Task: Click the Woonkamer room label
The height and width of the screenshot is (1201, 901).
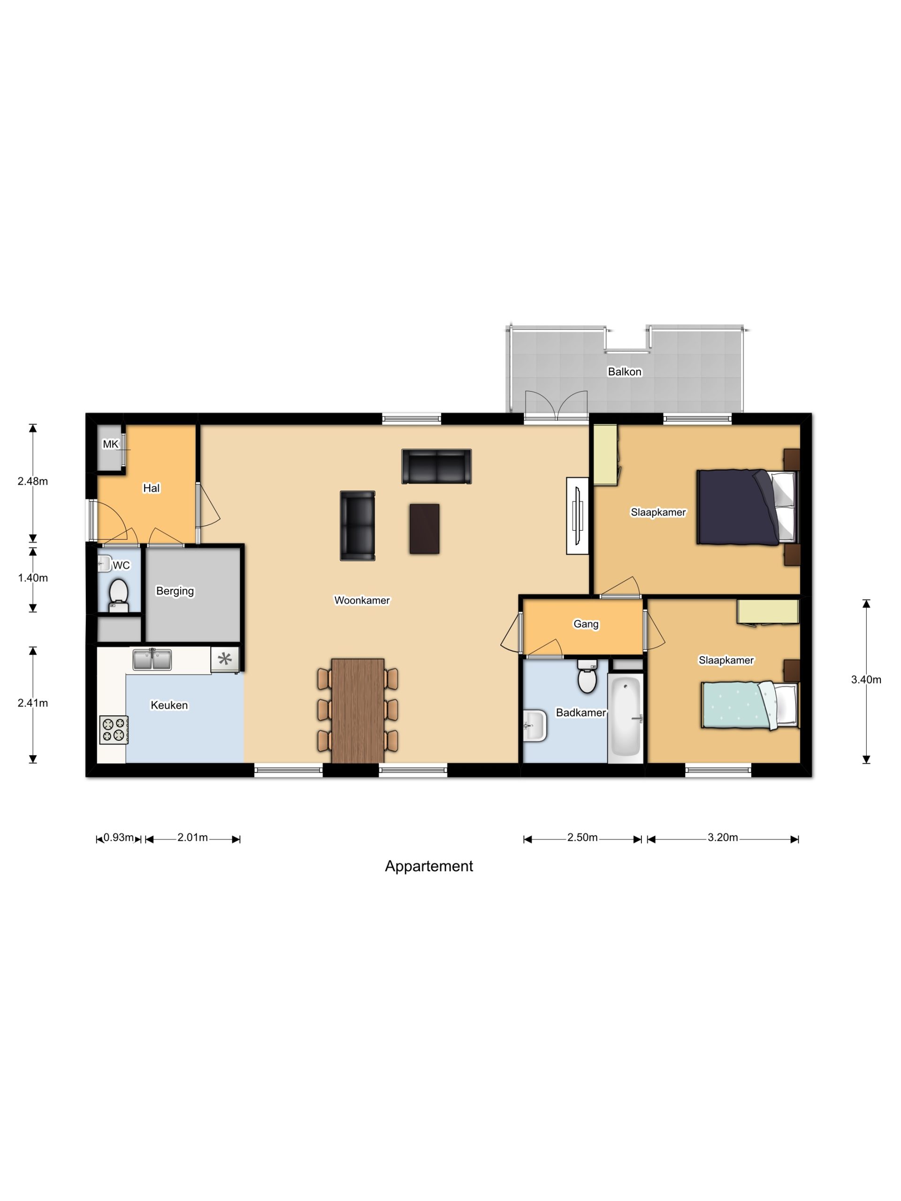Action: [x=362, y=600]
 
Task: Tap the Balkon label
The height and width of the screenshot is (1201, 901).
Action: [x=625, y=372]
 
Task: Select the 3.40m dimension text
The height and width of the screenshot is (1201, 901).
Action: [x=866, y=679]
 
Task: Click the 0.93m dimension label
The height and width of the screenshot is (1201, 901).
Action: [x=118, y=837]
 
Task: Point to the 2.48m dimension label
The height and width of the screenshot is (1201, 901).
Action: [x=32, y=480]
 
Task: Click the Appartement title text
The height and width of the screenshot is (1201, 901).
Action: [x=428, y=866]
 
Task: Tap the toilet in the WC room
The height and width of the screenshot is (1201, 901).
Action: [x=118, y=595]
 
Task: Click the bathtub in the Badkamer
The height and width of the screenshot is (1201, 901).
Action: [x=626, y=718]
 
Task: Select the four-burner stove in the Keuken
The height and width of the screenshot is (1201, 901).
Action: [x=114, y=729]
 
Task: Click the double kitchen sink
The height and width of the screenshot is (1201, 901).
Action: [x=152, y=659]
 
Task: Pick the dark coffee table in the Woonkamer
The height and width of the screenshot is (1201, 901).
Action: [x=424, y=528]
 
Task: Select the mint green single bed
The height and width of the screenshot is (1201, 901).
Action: [x=749, y=705]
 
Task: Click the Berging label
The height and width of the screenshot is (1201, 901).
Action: [x=175, y=591]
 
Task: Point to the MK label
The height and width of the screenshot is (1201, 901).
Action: [x=110, y=444]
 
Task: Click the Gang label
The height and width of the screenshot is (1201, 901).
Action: [x=586, y=624]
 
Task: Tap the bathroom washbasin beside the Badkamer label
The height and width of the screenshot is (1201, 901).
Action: [x=534, y=725]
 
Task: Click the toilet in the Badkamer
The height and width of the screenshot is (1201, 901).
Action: [x=587, y=677]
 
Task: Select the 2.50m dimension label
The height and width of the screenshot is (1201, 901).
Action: [x=582, y=837]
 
